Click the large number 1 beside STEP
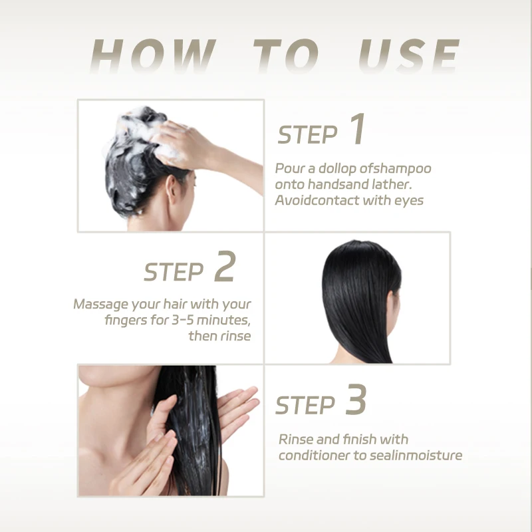click(357, 130)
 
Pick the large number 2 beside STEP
click(225, 267)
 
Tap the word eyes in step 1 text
click(408, 200)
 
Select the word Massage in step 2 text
click(99, 305)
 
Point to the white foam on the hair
click(133, 126)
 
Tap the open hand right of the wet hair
click(236, 412)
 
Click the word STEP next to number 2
click(174, 272)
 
